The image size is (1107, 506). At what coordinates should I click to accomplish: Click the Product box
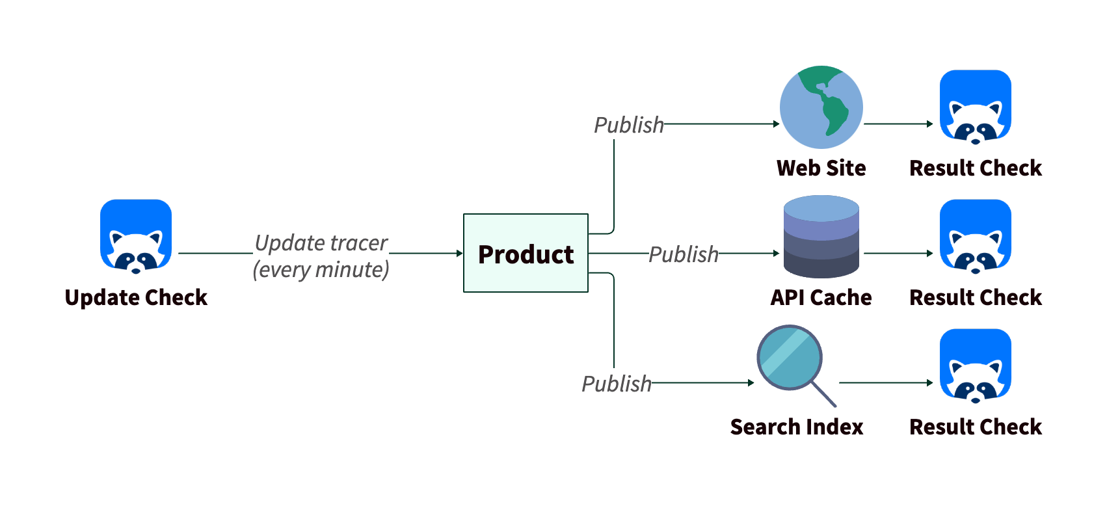[526, 253]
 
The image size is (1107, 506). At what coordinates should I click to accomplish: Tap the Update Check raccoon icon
[136, 235]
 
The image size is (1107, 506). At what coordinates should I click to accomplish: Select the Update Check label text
[136, 297]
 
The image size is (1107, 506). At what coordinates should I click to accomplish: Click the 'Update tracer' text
[321, 243]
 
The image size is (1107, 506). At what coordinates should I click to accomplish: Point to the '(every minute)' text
[321, 269]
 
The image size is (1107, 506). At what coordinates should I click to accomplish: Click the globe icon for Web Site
[821, 107]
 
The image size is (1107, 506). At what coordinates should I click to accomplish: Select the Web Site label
[821, 168]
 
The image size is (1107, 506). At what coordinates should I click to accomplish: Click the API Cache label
[821, 297]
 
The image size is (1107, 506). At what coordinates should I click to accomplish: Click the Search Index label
[796, 427]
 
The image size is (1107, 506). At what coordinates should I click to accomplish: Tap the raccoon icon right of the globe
[975, 107]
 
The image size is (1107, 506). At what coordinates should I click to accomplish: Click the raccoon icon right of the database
[975, 235]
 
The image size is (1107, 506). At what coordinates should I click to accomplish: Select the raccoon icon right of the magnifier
[975, 365]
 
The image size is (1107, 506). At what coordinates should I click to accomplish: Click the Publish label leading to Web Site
[628, 124]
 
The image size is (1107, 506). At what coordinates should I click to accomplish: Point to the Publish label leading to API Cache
[684, 254]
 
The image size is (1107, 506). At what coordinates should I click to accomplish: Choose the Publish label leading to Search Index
[616, 383]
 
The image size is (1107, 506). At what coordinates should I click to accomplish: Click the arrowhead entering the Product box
[459, 253]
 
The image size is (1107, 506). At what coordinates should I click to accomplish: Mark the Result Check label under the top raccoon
[975, 168]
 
